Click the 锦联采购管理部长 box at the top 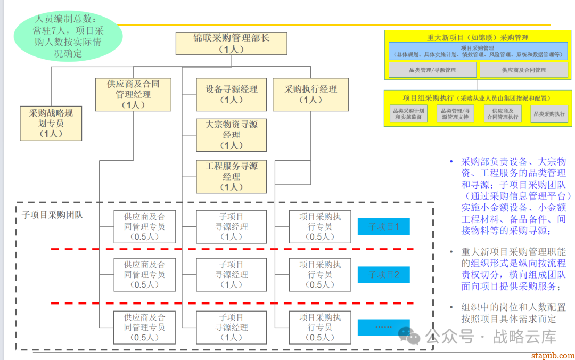point(231,43)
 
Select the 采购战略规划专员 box point(51,123)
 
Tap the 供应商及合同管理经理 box point(133,94)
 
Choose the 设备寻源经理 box point(231,94)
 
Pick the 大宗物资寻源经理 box point(231,135)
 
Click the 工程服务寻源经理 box point(231,176)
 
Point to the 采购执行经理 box point(310,94)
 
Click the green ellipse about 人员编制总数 point(68,36)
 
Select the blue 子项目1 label point(383,227)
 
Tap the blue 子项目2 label point(383,275)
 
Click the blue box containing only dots point(383,327)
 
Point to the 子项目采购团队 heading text point(52,215)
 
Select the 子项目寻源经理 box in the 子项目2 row point(231,274)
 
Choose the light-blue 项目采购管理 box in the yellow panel point(478,51)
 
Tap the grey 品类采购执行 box point(549,114)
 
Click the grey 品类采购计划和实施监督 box point(408,114)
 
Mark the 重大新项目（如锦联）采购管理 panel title point(478,37)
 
